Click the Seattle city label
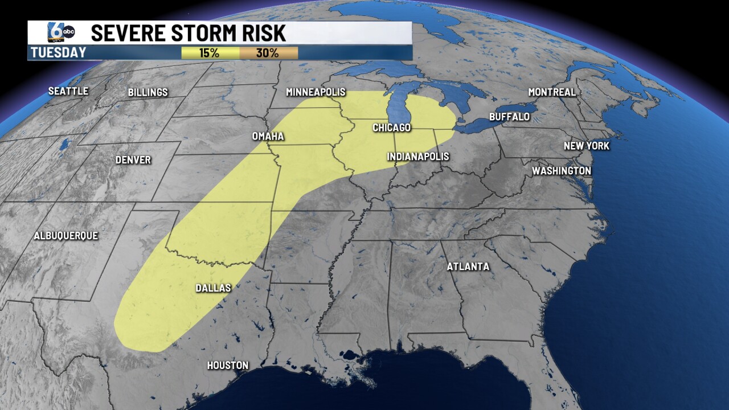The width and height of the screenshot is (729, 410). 68,91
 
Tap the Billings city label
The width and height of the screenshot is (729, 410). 148,92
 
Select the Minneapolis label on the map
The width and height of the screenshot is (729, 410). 316,92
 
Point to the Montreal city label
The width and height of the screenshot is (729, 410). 552,92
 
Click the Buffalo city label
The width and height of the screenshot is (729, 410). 509,117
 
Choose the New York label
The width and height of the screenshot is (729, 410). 586,146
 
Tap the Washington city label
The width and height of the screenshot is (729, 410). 561,171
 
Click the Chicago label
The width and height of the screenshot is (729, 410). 391,128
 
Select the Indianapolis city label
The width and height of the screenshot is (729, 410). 417,157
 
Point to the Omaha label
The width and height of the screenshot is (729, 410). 268,137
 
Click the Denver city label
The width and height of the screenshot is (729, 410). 133,160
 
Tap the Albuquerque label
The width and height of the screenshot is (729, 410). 65,236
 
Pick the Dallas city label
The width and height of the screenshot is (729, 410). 213,288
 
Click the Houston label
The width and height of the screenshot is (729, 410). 227,366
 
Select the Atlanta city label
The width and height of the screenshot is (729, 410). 468,266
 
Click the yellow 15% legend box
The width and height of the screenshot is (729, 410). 210,53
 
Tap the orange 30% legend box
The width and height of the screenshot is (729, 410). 268,53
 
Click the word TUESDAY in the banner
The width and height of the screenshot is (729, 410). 58,53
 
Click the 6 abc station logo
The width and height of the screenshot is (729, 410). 60,33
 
